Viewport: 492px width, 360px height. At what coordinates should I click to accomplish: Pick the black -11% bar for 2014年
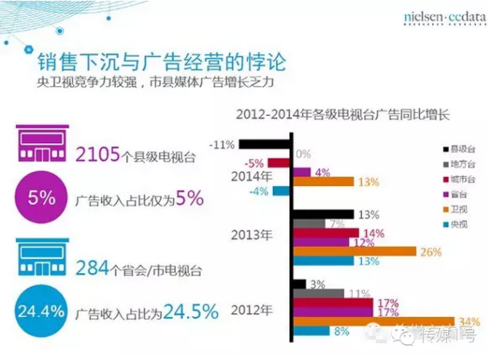click(264, 144)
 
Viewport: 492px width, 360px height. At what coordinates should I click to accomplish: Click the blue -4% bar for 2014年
click(281, 191)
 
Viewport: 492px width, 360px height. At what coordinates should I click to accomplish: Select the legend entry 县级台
click(464, 147)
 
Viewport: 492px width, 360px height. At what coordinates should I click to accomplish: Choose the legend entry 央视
click(464, 224)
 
